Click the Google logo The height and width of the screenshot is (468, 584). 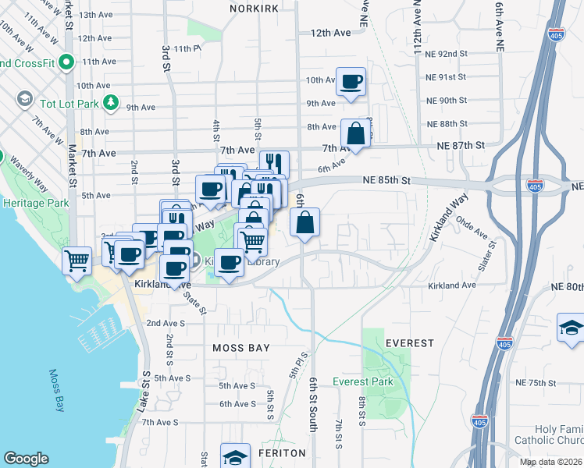coord(26,459)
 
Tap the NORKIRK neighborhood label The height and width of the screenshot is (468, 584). coord(255,8)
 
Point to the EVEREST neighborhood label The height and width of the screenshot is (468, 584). coord(409,343)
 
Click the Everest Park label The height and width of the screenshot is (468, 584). coord(363,381)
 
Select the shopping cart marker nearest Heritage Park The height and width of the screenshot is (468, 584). coord(77,259)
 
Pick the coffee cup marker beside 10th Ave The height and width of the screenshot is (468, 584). coord(351,81)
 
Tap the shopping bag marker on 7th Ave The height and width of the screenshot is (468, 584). coord(355,133)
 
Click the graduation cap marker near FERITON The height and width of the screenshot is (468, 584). coord(235,457)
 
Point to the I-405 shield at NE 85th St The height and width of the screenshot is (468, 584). coord(535,186)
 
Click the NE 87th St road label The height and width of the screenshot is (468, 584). coord(461,145)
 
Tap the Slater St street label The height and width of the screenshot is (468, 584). coord(493,256)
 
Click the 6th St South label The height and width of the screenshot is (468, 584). coord(313,405)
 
